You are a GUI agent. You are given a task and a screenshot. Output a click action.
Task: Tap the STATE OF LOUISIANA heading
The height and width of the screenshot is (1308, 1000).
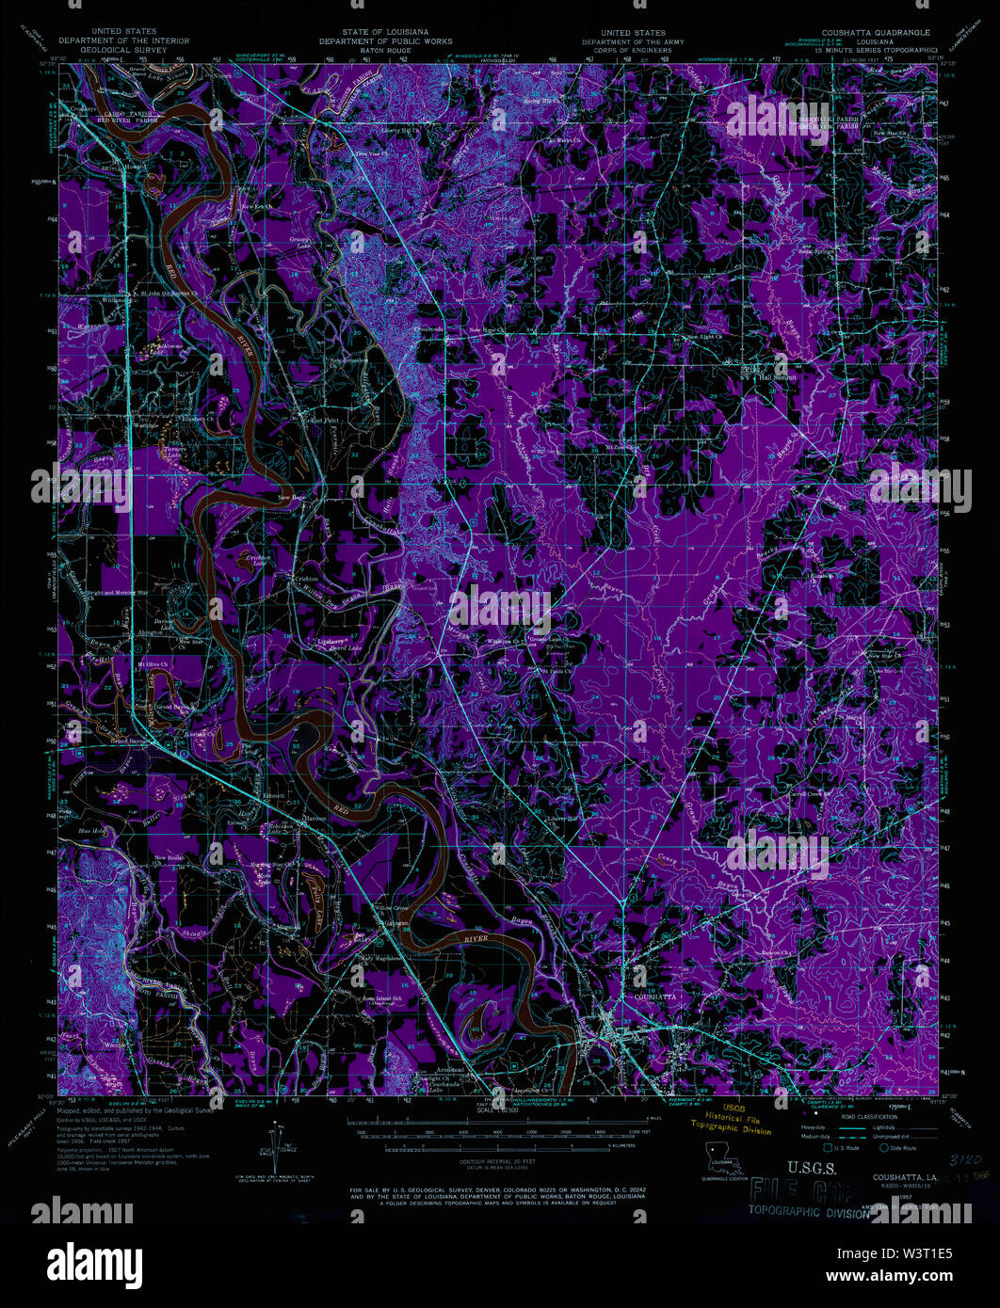pos(384,33)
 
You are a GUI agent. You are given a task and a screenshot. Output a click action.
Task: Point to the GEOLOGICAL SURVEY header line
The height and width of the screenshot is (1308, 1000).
pos(123,49)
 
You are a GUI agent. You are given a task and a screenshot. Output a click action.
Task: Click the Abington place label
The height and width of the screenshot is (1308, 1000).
pos(150,633)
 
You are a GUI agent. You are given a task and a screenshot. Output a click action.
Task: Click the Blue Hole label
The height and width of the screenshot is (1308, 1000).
pos(91,831)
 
